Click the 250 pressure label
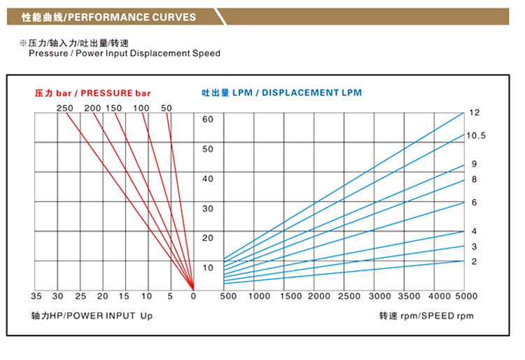65,108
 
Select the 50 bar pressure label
167,108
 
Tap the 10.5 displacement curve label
476,135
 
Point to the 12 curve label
474,112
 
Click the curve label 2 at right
474,261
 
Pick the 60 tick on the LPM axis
208,119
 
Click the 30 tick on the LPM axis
208,209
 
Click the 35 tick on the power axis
36,296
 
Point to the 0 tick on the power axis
194,296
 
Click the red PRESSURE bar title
93,92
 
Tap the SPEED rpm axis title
426,316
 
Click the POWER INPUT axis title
92,316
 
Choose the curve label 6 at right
474,202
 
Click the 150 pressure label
114,108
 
